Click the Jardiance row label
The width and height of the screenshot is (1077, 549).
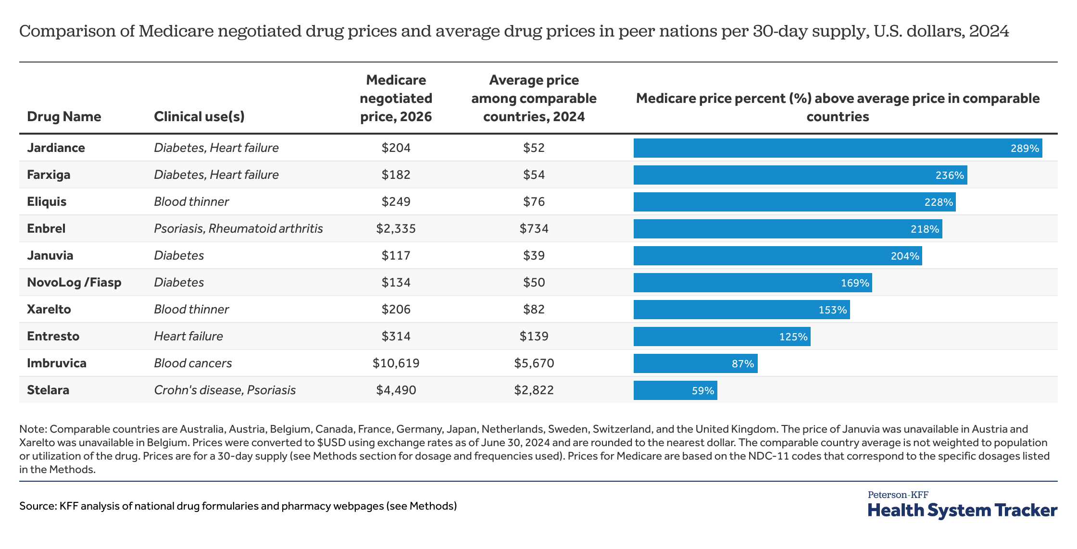56,148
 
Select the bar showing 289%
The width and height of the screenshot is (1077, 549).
837,148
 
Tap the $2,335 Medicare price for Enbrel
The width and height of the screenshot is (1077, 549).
396,228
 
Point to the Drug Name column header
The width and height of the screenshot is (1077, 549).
64,116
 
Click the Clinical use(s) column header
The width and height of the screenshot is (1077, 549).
199,116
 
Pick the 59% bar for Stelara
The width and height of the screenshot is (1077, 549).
675,390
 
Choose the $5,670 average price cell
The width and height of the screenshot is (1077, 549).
534,363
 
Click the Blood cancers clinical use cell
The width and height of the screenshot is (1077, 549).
193,363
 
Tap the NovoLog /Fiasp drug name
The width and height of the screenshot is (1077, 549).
74,282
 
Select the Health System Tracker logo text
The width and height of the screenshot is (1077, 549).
962,510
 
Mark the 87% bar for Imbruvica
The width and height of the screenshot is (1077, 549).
695,363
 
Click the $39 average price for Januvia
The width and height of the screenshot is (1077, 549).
534,255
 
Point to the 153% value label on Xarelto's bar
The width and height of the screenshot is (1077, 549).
832,310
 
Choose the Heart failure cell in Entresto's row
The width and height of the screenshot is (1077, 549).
188,336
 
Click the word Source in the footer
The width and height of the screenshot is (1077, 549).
37,506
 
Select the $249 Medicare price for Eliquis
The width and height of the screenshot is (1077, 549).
396,201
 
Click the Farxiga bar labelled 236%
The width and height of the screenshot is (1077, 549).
800,175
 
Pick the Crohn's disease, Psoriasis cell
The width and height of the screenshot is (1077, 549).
225,390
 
